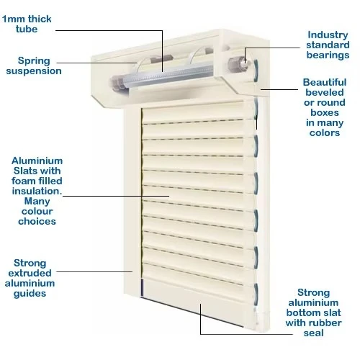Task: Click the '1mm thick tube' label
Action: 27,24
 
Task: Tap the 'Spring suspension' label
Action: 34,66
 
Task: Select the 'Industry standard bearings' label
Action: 328,45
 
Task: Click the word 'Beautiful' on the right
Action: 325,82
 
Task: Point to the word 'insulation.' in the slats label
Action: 37,192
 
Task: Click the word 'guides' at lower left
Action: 30,294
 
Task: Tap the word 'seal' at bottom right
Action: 313,333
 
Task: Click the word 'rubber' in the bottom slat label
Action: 328,323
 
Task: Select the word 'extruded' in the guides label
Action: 30,273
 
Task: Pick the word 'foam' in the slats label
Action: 23,181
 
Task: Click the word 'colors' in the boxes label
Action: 325,132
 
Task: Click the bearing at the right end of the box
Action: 236,64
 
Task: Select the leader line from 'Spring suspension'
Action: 96,63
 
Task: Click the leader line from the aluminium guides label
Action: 94,272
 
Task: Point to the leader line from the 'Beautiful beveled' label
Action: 279,89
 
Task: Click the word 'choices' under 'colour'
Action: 37,221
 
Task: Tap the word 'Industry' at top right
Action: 328,35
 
